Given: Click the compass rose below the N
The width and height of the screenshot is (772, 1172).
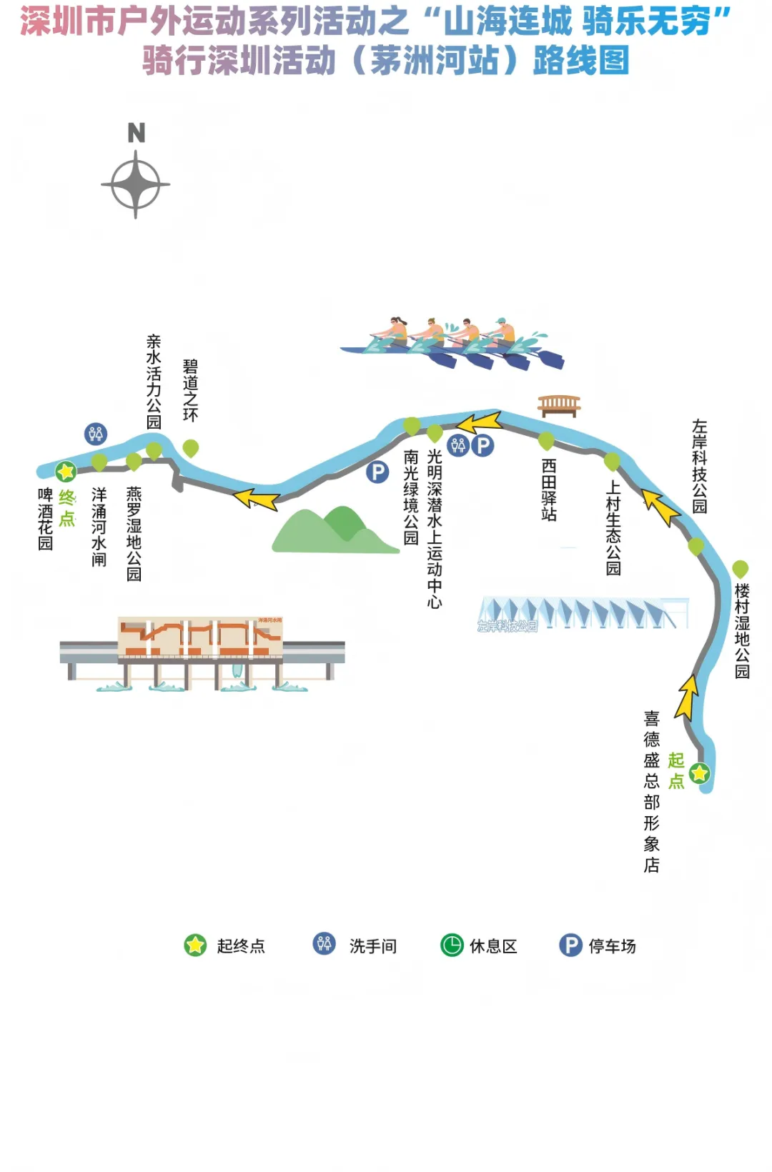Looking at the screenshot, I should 136,184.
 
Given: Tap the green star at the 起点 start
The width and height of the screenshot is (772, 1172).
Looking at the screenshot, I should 699,773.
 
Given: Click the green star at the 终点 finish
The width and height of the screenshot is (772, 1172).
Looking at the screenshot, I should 66,471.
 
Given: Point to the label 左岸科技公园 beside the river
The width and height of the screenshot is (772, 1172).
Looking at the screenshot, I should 699,466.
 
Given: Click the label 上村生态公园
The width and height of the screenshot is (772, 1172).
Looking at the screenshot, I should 613,527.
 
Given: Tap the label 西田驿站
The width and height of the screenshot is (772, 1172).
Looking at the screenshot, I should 549,490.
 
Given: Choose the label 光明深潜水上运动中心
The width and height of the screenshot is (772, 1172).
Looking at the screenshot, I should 435,528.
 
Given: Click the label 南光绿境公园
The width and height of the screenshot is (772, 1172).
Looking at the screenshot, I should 411,497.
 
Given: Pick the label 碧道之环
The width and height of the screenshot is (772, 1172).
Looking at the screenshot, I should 190,390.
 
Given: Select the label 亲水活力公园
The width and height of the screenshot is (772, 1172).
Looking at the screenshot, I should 154,382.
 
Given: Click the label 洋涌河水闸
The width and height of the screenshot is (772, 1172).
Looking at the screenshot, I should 99,527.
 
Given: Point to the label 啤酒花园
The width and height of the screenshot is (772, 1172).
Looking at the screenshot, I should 45,519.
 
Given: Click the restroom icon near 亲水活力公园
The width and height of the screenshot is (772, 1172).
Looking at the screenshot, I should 95,433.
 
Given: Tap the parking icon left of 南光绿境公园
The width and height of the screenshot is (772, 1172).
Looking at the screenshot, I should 377,472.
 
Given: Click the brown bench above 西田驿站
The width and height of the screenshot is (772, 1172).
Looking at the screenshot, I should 559,406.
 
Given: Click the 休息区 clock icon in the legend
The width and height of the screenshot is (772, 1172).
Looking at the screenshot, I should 452,945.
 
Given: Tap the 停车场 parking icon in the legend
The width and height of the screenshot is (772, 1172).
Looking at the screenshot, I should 570,945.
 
